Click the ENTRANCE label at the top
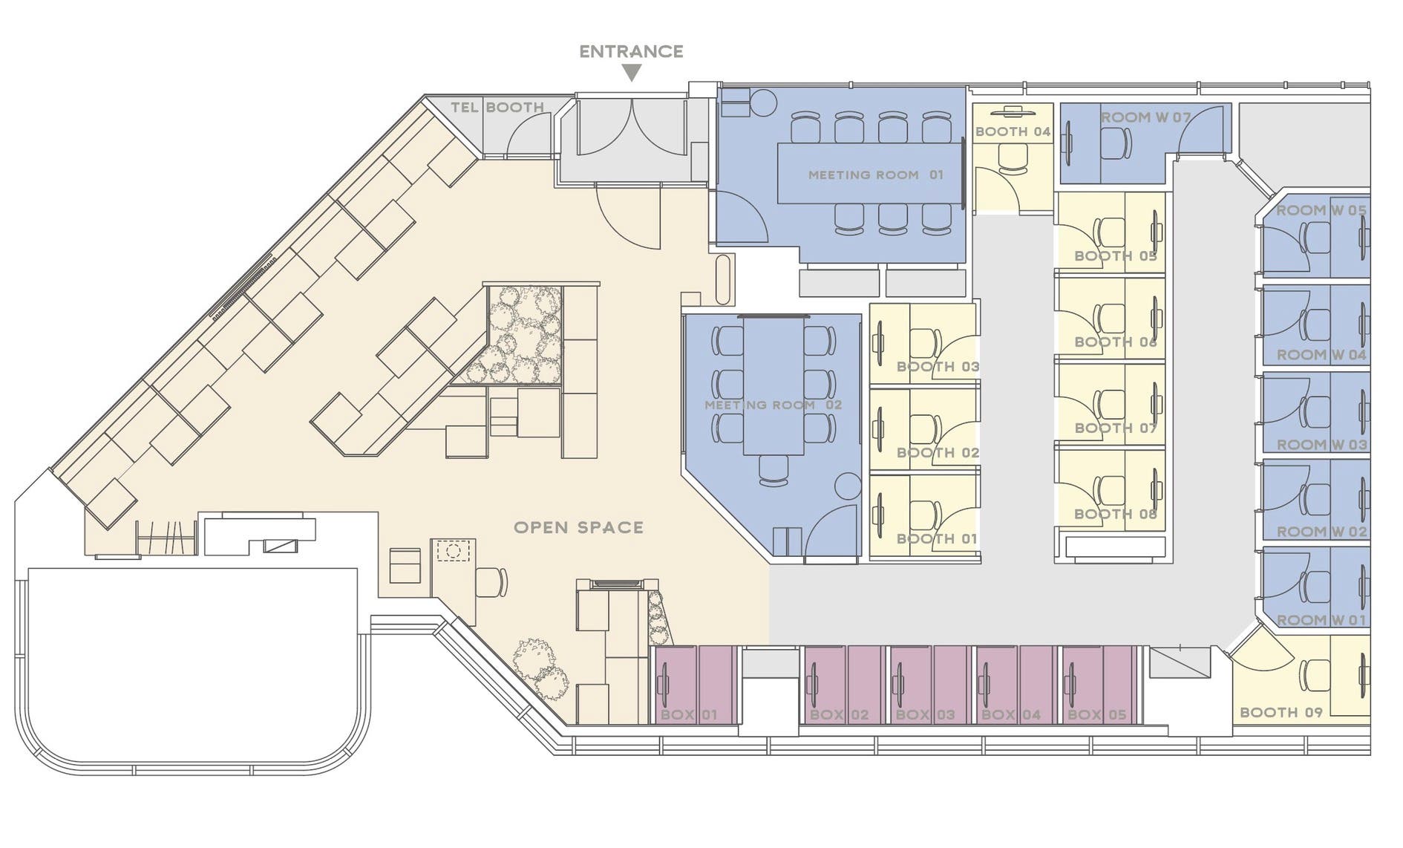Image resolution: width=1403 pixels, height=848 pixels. tap(631, 51)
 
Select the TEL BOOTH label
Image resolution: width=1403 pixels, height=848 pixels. tap(497, 108)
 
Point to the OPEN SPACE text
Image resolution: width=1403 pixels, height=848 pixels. tap(578, 528)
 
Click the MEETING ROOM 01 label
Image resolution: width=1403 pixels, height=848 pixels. tap(875, 175)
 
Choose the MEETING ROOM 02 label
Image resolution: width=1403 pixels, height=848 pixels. tap(773, 405)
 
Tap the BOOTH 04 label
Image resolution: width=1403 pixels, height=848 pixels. tap(1013, 131)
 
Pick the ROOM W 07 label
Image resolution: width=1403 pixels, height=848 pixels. tap(1145, 117)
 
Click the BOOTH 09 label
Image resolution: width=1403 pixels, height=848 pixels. tap(1281, 712)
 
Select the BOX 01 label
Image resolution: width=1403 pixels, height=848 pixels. tap(689, 715)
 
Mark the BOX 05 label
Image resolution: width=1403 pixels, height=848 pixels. tap(1096, 715)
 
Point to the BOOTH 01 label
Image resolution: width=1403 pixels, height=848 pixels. tap(937, 539)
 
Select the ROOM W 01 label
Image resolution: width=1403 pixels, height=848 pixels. tap(1321, 620)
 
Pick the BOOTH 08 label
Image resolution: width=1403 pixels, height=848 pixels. tap(1116, 514)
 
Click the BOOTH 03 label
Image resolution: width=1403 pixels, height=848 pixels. tap(938, 367)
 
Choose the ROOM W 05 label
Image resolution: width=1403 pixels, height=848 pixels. tap(1321, 211)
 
